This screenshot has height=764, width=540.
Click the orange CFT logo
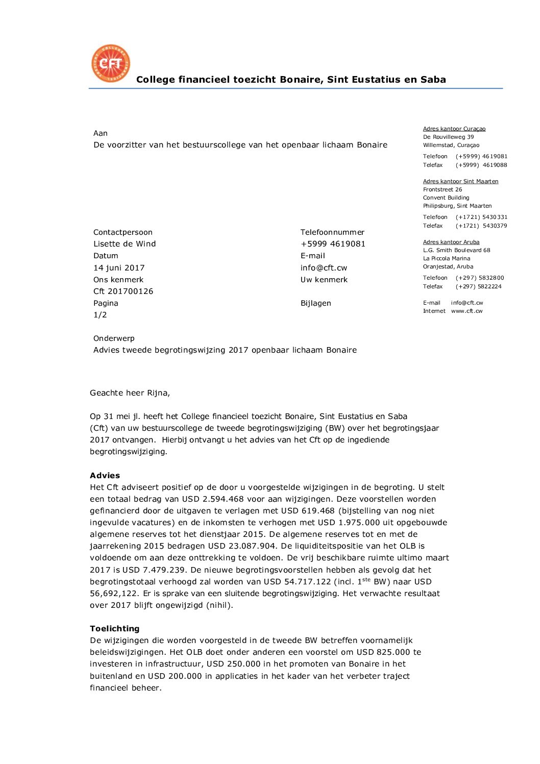pyautogui.click(x=111, y=63)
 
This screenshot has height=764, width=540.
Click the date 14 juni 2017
pyautogui.click(x=119, y=268)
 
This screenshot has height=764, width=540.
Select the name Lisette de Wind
pyautogui.click(x=125, y=244)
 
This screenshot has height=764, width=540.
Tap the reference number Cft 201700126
pyautogui.click(x=123, y=291)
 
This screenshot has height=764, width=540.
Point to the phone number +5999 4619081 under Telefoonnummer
pyautogui.click(x=333, y=244)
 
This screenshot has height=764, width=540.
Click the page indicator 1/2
pyautogui.click(x=100, y=315)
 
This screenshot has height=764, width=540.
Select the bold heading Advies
pyautogui.click(x=105, y=476)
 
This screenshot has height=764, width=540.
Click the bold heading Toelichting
pyautogui.click(x=114, y=629)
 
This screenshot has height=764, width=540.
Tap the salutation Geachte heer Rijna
pyautogui.click(x=130, y=393)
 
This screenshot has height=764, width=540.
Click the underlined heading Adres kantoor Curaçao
pyautogui.click(x=454, y=129)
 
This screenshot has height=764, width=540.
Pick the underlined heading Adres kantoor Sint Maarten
pyautogui.click(x=460, y=181)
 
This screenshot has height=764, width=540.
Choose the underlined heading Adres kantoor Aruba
pyautogui.click(x=451, y=242)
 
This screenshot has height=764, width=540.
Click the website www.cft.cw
pyautogui.click(x=467, y=311)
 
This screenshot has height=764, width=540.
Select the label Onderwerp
pyautogui.click(x=114, y=338)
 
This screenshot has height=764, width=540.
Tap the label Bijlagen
pyautogui.click(x=315, y=303)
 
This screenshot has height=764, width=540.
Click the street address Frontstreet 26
pyautogui.click(x=442, y=189)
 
